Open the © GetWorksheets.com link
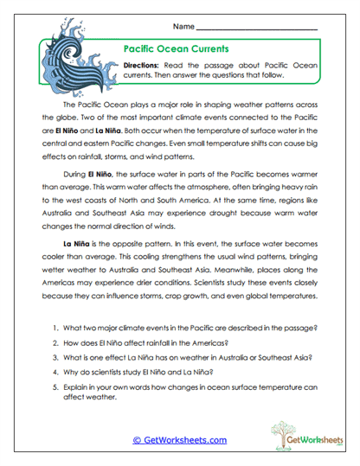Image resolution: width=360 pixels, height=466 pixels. pyautogui.click(x=179, y=440)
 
